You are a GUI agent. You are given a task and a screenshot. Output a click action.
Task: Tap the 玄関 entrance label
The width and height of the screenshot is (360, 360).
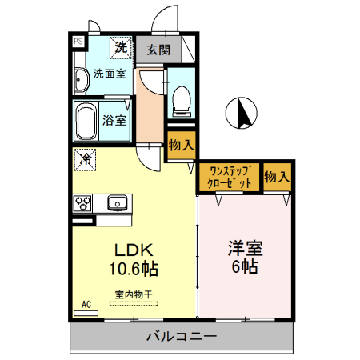coord(158,50)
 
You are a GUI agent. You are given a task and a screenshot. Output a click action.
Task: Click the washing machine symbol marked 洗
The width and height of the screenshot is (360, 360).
coord(120,47)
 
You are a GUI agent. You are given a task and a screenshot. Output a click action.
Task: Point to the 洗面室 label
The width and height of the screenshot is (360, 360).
coord(109,74)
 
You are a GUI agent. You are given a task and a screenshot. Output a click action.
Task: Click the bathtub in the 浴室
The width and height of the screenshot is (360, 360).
coord(86,121)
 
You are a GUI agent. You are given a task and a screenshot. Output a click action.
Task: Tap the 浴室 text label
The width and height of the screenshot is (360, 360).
coord(114,121)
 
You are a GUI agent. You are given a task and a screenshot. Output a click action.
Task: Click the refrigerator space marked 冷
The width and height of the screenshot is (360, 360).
coord(85,159)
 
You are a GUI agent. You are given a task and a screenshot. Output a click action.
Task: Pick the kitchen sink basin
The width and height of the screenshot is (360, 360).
coord(118,202)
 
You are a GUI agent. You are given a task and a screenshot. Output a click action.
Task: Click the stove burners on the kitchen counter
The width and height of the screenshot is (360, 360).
coord(84,203)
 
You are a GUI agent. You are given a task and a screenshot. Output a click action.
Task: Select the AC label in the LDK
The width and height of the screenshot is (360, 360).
coord(87,305)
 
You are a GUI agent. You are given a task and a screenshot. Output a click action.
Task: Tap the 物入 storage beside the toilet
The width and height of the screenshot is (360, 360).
coord(182,146)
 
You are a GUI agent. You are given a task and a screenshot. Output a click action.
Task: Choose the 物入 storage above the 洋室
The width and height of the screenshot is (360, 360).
coord(277,176)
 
